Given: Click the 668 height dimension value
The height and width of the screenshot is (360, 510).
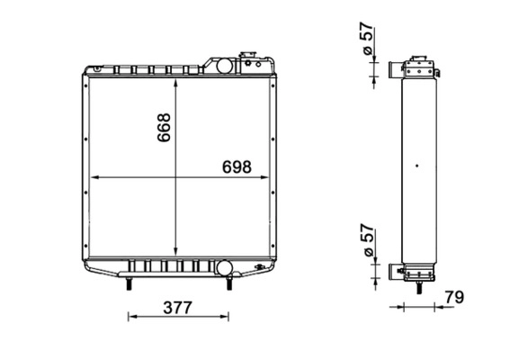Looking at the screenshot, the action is click(x=164, y=127).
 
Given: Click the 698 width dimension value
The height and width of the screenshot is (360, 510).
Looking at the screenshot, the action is click(x=237, y=167).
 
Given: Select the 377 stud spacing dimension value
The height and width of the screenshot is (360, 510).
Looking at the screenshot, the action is click(x=177, y=308).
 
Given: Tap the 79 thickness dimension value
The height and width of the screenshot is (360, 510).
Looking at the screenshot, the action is click(x=454, y=297).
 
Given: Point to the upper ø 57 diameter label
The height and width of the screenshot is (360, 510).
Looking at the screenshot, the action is click(x=367, y=39).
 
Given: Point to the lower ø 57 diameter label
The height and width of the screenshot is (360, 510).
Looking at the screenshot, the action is click(x=367, y=240).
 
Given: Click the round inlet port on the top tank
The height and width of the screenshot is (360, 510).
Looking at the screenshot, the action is click(x=225, y=66).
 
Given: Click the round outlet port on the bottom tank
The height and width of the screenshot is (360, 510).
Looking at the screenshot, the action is click(x=225, y=267).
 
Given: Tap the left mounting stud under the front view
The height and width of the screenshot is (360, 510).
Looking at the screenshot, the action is click(x=129, y=283).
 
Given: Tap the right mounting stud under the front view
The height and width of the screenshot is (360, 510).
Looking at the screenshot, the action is click(x=229, y=283).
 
